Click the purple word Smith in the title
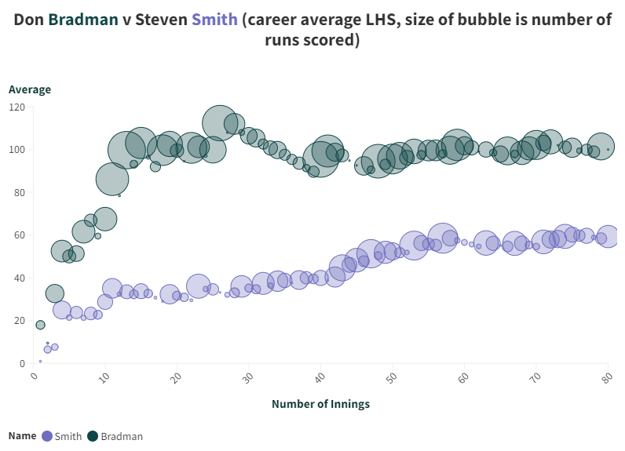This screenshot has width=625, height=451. pos(214,20)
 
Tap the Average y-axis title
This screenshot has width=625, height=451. pos(30,89)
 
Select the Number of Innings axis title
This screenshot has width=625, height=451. pos(320,404)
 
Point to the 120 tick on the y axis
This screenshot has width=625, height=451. pos(16,107)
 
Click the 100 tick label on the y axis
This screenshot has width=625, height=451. pos(16,150)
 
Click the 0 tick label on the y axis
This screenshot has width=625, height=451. pos(22,363)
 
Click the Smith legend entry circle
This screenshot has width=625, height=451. pos(47,436)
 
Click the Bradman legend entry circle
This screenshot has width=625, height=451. pos(92,436)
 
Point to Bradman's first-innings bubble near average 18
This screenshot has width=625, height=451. pos(40,325)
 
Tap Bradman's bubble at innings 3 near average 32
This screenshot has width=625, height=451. pos(54,294)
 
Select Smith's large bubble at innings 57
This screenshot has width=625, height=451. pos(443,237)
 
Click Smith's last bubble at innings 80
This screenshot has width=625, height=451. pos(608,236)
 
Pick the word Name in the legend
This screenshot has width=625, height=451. pos(22,435)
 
